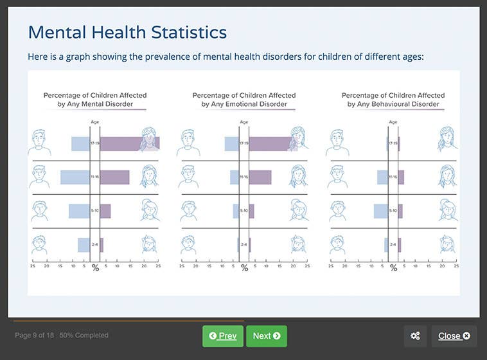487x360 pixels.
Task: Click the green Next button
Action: pos(266,336)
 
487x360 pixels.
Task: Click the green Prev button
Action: pos(223,336)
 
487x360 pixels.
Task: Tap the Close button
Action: pos(454,336)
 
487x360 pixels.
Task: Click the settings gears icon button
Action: pos(415,336)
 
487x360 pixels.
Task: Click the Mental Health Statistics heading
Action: pos(127,32)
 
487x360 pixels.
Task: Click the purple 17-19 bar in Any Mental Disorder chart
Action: pos(128,143)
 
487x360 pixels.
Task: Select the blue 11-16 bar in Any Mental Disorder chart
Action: pos(75,177)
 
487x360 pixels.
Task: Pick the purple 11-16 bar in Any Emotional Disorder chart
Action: pos(260,177)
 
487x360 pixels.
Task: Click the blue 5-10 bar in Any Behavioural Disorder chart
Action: pos(380,211)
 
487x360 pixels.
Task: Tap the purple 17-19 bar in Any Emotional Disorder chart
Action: pos(270,143)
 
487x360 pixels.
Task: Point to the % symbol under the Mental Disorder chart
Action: pos(95,267)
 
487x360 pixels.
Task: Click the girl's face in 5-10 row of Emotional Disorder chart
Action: pos(298,209)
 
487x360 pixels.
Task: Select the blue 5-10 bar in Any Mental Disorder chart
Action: pos(79,211)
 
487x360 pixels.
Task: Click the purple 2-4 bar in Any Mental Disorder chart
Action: pos(102,244)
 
